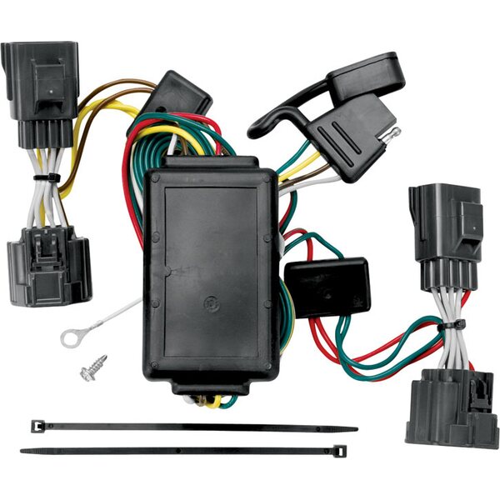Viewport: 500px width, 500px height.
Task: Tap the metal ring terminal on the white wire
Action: [73, 337]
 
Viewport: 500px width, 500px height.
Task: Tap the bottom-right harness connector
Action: [450, 408]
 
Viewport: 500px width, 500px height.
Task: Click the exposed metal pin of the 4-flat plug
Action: [392, 132]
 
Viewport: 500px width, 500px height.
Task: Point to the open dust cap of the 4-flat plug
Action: [367, 75]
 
